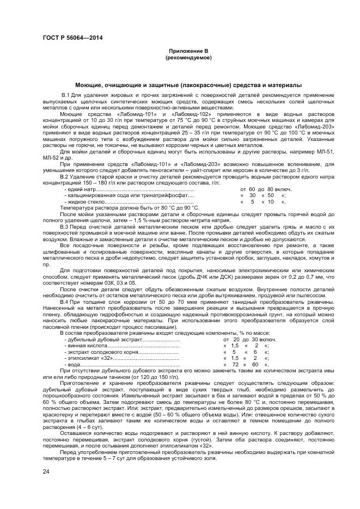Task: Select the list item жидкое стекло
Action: (84, 201)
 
